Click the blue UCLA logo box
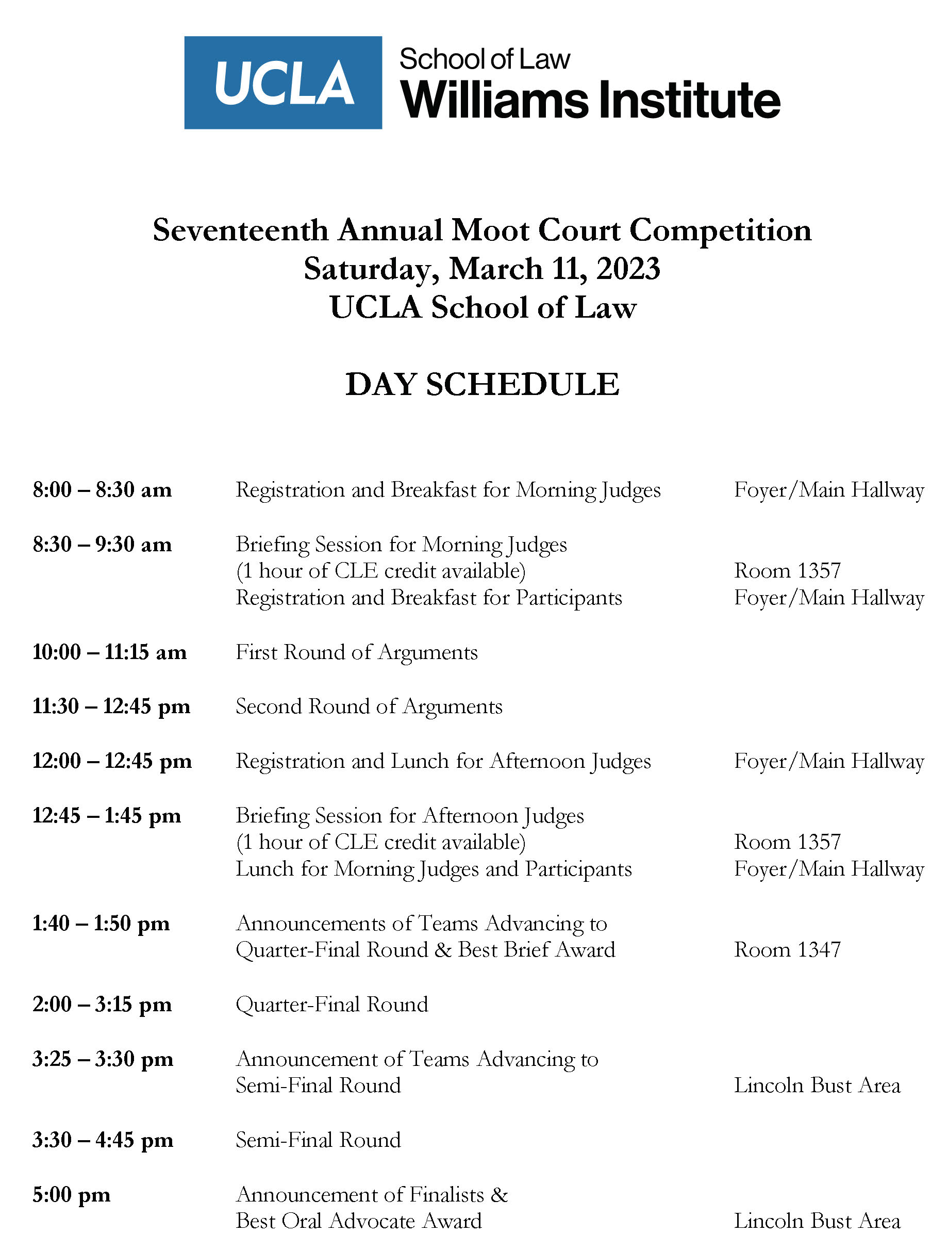pos(282,83)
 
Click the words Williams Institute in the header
pos(590,100)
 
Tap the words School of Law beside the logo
pos(484,59)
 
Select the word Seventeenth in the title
pos(241,231)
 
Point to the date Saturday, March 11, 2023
pos(481,269)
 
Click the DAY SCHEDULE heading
pos(482,385)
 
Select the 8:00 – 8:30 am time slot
pos(102,490)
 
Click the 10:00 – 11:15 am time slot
pos(109,652)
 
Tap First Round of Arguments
pos(357,652)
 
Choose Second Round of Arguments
pos(369,706)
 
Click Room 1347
pos(787,950)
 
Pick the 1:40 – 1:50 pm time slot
pos(101,924)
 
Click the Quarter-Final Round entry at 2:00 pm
pos(331,1004)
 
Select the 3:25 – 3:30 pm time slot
pos(103,1059)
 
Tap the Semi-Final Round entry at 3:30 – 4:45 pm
pos(318,1140)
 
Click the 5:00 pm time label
pos(71,1195)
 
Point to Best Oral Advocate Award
pos(359,1221)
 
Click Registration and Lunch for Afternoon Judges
pos(443,761)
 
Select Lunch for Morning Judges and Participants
pos(434,869)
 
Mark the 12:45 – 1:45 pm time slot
pos(107,816)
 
